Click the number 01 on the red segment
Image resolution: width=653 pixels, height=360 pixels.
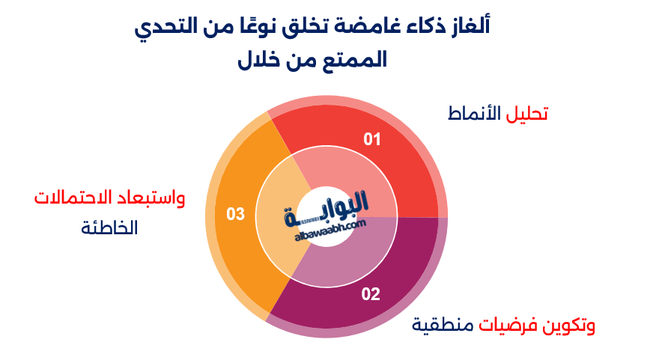tap(372, 139)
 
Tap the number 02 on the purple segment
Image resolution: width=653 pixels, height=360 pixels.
tap(371, 294)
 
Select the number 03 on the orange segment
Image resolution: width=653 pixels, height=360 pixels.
tap(236, 215)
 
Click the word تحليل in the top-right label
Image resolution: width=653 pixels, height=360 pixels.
tap(529, 114)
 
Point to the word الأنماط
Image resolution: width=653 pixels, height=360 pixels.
tap(476, 114)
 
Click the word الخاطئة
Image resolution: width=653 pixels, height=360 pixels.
tap(110, 228)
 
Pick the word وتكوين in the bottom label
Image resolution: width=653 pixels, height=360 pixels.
tap(568, 326)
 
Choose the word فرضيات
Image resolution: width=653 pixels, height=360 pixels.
tap(508, 326)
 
